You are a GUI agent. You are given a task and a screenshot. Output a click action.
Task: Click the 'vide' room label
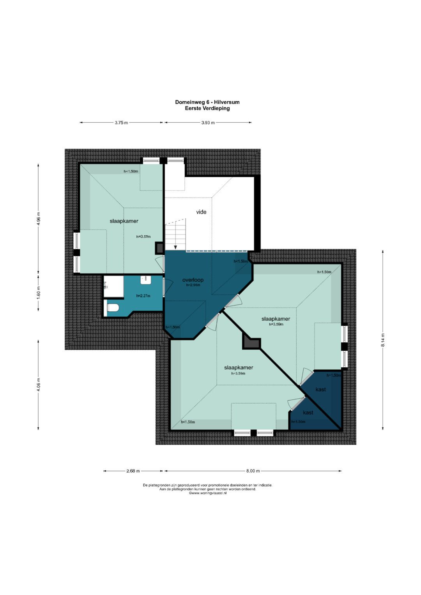(201, 212)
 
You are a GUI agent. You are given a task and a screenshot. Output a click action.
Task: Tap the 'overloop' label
(193, 280)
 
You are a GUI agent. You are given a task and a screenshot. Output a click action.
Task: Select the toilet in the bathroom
(113, 308)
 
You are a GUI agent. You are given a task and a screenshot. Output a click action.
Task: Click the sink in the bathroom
(146, 280)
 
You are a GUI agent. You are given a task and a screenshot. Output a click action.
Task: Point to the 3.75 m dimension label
(121, 123)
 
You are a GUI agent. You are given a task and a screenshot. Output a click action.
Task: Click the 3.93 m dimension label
(208, 123)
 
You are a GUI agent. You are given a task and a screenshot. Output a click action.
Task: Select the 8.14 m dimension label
(383, 340)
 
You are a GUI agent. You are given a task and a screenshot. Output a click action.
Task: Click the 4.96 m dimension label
(38, 219)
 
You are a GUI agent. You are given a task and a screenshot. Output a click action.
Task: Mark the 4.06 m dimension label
(38, 385)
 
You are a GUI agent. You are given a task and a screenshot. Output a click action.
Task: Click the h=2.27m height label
(143, 296)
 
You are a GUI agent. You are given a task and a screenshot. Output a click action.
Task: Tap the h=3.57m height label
(143, 237)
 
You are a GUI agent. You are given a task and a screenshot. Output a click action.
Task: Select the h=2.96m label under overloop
(193, 285)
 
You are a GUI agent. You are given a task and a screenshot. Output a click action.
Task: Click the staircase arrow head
(175, 247)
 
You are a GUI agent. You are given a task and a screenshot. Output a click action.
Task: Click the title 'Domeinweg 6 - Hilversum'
(207, 102)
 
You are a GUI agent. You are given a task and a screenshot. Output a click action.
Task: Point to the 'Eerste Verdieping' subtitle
(207, 108)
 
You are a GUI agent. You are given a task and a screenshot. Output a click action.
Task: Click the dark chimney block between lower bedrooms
(251, 341)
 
